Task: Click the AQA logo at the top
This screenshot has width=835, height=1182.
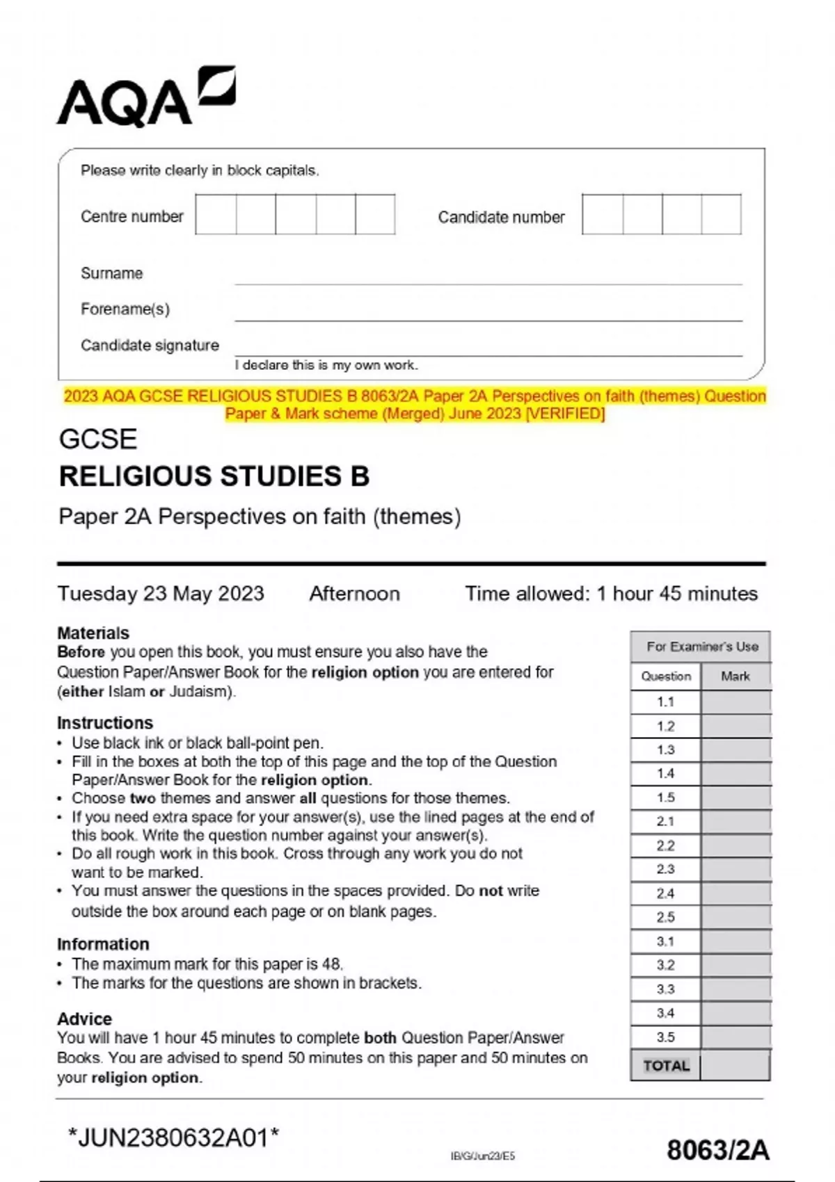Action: [x=146, y=97]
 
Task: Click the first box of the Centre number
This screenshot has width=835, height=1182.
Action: [x=216, y=214]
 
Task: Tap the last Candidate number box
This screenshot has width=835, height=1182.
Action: [x=721, y=214]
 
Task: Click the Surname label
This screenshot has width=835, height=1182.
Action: [x=111, y=273]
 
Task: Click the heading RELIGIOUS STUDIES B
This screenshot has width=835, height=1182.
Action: [x=214, y=476]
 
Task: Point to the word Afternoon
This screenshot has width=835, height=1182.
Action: [x=354, y=594]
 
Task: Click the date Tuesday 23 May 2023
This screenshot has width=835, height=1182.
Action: [x=161, y=594]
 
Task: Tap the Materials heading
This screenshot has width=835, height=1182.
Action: [x=93, y=633]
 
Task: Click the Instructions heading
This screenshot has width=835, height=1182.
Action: [x=105, y=722]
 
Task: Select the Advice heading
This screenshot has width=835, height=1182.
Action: [x=84, y=1019]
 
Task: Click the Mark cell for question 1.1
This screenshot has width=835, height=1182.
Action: [x=735, y=702]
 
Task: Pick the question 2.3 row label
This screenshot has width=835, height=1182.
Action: [x=665, y=869]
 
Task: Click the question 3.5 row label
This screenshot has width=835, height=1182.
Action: [x=665, y=1037]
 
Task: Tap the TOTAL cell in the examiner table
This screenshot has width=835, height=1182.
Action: [x=666, y=1066]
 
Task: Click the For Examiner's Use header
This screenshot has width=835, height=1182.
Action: [x=701, y=647]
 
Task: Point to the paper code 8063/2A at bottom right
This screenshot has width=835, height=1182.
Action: [x=717, y=1150]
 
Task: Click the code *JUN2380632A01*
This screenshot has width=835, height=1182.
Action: [x=173, y=1138]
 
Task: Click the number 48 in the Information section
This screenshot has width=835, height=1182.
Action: [x=331, y=964]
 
